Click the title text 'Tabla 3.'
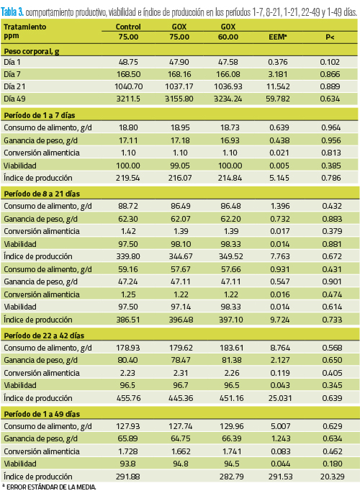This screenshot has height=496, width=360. coord(12,12)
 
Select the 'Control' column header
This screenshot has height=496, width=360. coord(128,27)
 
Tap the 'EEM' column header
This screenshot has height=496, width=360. coord(277,37)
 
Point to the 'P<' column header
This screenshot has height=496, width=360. coord(330,37)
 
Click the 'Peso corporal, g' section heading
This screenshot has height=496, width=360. coord(32,51)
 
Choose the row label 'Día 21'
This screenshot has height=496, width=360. coord(14,86)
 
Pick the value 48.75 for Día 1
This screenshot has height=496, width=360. coord(128,62)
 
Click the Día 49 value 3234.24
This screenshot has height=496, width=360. coord(228,99)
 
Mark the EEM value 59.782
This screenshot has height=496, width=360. coord(278,99)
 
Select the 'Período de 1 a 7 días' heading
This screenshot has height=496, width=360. coord(40,115)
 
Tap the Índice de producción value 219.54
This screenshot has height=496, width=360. coord(128,178)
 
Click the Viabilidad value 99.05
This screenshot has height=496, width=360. coord(180,166)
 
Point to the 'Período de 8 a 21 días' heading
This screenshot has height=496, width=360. coord(42,194)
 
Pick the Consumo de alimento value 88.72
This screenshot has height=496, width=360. coord(128,206)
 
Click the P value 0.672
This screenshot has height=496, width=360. coord(332,256)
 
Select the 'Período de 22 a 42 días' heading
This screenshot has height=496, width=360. coord(44,335)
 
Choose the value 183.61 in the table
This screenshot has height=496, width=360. coord(232,348)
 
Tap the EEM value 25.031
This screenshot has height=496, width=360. coord(280,398)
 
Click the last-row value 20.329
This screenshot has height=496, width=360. coord(332,477)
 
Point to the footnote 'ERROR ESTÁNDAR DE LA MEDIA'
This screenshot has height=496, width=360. coord(51,487)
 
